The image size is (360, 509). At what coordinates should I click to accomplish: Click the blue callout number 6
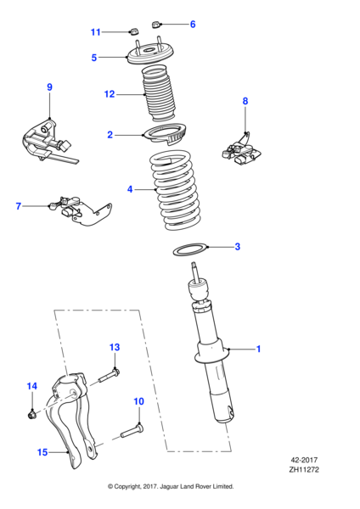[x=193, y=24]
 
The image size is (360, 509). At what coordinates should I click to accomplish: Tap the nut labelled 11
[x=134, y=31]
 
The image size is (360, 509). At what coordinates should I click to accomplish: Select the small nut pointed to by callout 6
[x=156, y=24]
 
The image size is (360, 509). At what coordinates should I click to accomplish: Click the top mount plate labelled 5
[x=150, y=54]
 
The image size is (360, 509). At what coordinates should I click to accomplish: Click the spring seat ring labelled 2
[x=166, y=133]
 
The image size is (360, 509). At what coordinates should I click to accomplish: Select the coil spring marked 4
[x=174, y=190]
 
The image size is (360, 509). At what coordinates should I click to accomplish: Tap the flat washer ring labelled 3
[x=190, y=249]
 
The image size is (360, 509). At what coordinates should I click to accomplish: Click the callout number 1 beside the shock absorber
[x=259, y=349]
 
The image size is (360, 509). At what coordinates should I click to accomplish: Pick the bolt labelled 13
[x=108, y=375]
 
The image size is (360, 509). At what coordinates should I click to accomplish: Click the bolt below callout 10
[x=132, y=430]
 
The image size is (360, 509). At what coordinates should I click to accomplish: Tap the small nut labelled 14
[x=31, y=414]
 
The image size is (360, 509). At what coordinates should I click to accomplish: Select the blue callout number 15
[x=42, y=452]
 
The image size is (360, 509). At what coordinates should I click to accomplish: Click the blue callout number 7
[x=19, y=206]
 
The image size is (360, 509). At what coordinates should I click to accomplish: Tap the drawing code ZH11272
[x=304, y=469]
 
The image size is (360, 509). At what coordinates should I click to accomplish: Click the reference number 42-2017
[x=304, y=460]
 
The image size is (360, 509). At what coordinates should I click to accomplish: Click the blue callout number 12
[x=110, y=94]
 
